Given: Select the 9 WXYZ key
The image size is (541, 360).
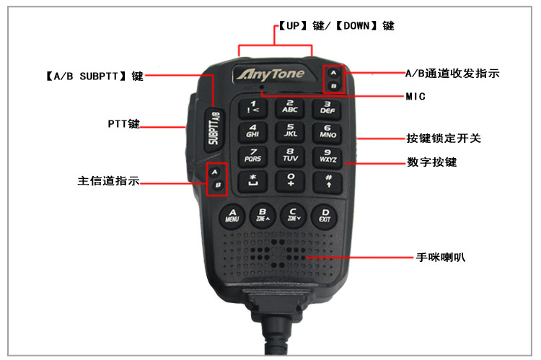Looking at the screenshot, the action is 327,155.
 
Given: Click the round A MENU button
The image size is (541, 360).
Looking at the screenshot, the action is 232,214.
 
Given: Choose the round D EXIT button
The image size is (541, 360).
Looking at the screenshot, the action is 325,214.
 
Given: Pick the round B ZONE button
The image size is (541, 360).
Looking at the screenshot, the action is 263,214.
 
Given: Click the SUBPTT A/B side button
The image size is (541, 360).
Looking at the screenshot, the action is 213,127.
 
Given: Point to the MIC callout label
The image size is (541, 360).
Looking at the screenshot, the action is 416,95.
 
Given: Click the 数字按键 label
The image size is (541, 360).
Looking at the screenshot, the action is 432,162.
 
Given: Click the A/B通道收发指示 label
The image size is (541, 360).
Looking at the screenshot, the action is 452,74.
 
